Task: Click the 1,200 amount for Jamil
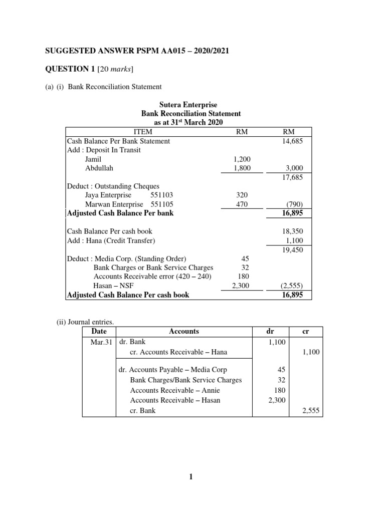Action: (x=235, y=159)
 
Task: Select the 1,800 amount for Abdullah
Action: (x=235, y=168)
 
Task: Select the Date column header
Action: (x=100, y=331)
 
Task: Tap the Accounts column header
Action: (x=184, y=331)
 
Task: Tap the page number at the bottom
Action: (x=191, y=477)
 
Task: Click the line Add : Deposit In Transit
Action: (x=104, y=150)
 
